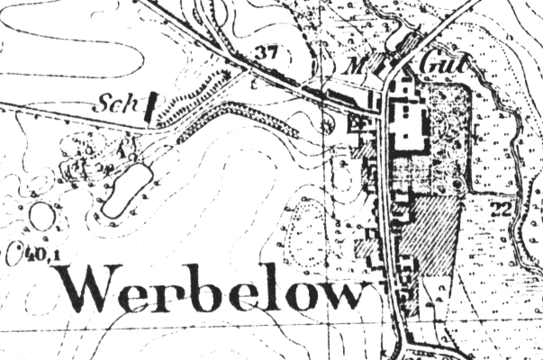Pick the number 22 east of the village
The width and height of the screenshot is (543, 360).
tap(502, 209)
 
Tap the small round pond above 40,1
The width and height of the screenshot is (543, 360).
tap(41, 217)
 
